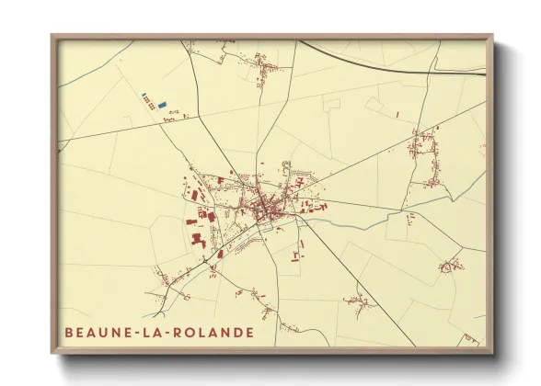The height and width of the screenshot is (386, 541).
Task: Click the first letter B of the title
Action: pyautogui.click(x=69, y=332)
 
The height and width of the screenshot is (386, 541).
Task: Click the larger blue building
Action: pyautogui.click(x=163, y=106)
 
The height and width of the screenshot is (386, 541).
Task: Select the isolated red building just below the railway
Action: pyautogui.click(x=397, y=114)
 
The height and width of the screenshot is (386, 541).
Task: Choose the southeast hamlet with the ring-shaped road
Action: pyautogui.click(x=451, y=267)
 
